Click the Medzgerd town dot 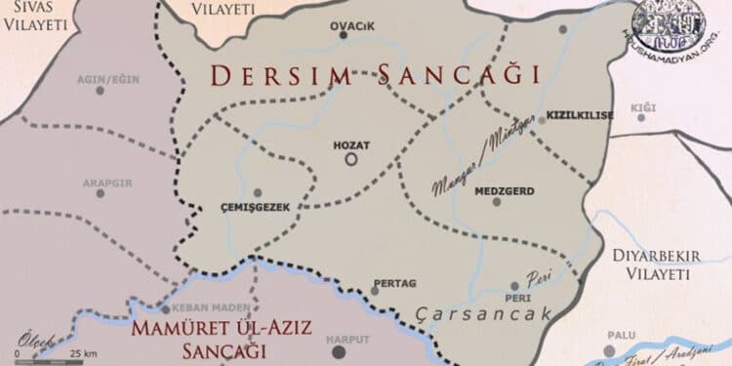click(x=497, y=202)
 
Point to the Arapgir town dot click(x=100, y=193)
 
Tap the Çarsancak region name click(x=484, y=313)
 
